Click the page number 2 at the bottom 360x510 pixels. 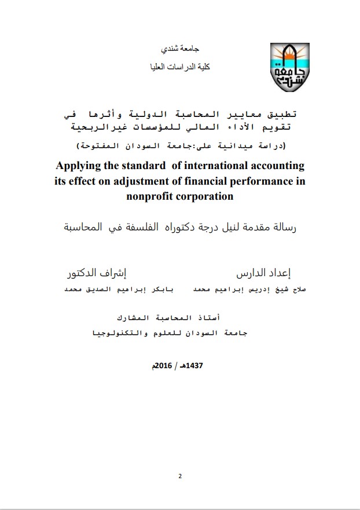tap(180, 476)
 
